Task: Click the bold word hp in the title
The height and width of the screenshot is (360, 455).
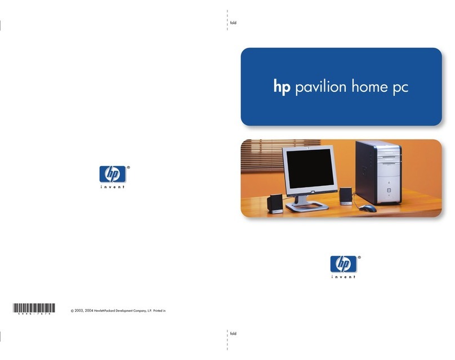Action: click(282, 88)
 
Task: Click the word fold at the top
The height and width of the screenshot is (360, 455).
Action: click(234, 23)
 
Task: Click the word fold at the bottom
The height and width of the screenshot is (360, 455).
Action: click(234, 334)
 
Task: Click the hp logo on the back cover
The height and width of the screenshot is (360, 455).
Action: click(111, 174)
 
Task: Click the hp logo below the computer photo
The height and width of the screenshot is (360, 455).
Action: click(343, 264)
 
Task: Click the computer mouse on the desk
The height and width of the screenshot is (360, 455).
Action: click(368, 208)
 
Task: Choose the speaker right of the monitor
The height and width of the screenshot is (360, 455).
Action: click(346, 196)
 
